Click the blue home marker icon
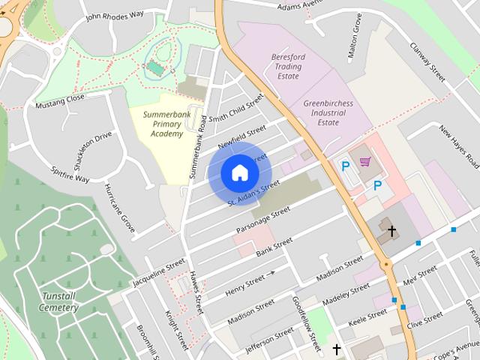pos(239,173)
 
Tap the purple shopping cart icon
pos(365,162)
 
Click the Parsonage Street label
pos(262,219)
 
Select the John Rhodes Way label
pos(114,14)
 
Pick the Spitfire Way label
pos(70,175)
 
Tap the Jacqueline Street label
pos(158,274)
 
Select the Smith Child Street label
pos(237,109)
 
